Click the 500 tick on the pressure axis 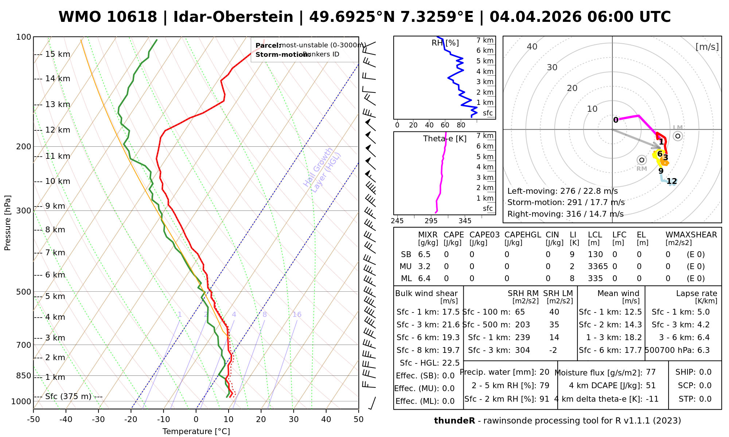click(24, 292)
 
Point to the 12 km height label click(58, 130)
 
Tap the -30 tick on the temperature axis click(98, 420)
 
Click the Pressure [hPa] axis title click(8, 223)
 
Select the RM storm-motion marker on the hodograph click(642, 160)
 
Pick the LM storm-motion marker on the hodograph click(678, 136)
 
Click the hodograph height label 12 click(671, 181)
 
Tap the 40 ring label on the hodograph click(532, 47)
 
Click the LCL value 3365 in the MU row click(598, 267)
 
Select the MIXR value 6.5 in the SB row click(424, 255)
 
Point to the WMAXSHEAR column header click(691, 235)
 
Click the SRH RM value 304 click(522, 350)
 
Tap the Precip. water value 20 click(544, 372)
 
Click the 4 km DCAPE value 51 click(651, 386)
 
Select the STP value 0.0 click(705, 399)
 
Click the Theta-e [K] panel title click(445, 139)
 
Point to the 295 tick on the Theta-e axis click(431, 221)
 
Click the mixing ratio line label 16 click(297, 315)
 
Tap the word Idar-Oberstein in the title click(233, 17)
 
